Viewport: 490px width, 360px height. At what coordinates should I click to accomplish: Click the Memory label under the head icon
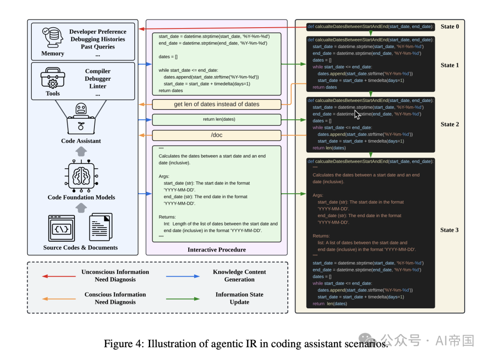point(53,54)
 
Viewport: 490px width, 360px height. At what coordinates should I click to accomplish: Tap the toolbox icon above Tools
point(53,78)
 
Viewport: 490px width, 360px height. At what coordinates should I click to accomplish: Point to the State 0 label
point(450,26)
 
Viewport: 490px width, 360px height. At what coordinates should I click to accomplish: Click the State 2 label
point(450,124)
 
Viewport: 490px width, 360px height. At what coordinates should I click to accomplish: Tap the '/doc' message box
point(216,135)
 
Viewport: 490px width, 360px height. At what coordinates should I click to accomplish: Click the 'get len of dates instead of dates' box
point(216,104)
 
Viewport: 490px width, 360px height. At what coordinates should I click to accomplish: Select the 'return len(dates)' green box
point(216,120)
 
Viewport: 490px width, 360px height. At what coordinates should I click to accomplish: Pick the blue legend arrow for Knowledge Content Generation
point(182,276)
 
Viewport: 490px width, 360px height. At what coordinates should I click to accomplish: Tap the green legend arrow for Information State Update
point(182,299)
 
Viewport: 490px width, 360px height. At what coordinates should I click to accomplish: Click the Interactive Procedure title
point(216,250)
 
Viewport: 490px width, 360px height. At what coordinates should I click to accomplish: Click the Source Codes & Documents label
point(80,248)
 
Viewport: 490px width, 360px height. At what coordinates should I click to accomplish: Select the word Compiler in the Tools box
point(98,71)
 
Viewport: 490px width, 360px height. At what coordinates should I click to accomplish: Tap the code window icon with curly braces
point(62,229)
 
